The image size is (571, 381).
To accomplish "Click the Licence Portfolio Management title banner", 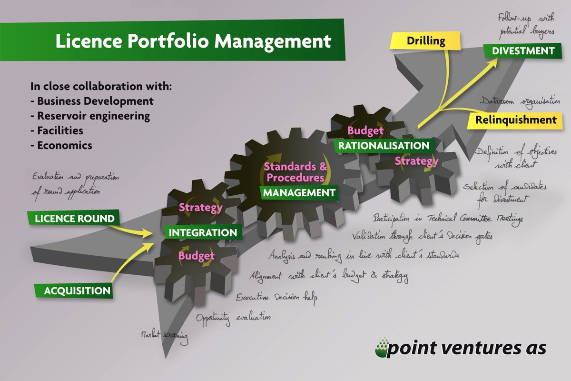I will [193, 41].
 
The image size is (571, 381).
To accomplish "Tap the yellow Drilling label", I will [425, 40].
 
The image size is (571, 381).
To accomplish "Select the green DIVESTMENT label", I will [519, 51].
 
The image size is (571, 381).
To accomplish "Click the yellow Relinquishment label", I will [515, 120].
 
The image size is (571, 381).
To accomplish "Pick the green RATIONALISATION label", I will [383, 146].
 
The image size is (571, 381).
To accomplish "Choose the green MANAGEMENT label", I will [299, 193].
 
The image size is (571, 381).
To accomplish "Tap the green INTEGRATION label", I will [203, 233].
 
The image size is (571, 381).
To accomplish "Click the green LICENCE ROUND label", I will [75, 219].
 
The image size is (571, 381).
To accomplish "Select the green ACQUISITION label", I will [77, 291].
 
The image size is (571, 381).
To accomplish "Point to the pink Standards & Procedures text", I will [294, 172].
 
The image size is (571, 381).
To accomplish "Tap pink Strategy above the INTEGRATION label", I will [200, 208].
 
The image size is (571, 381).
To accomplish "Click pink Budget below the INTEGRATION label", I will [196, 256].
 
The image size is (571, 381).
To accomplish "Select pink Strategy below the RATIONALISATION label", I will [416, 161].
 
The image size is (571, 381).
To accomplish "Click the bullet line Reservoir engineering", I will [93, 116].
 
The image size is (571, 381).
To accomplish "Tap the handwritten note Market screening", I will [163, 336].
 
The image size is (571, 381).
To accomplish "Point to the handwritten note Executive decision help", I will [276, 297].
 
